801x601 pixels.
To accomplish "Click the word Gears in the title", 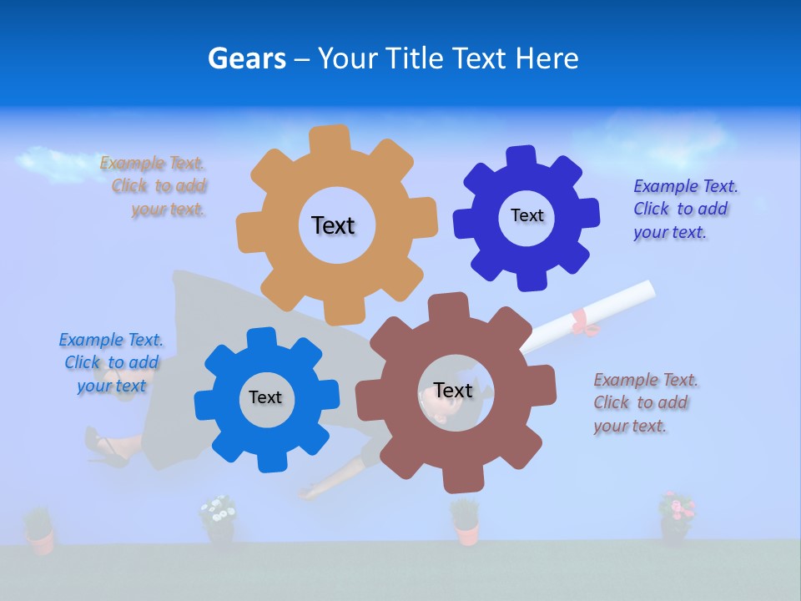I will coord(246,58).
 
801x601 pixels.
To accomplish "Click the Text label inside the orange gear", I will coord(333,225).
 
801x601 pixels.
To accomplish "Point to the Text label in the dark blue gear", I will coord(526,215).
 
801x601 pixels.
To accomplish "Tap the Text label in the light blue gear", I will coord(265,397).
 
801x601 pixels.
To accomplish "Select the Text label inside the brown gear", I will coord(453,391).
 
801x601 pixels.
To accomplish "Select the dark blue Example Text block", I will coord(684,209).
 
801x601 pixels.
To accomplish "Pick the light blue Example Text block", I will coord(112,362).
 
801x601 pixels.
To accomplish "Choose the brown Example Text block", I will coord(644,402).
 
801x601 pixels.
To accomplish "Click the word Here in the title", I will coord(547,58).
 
